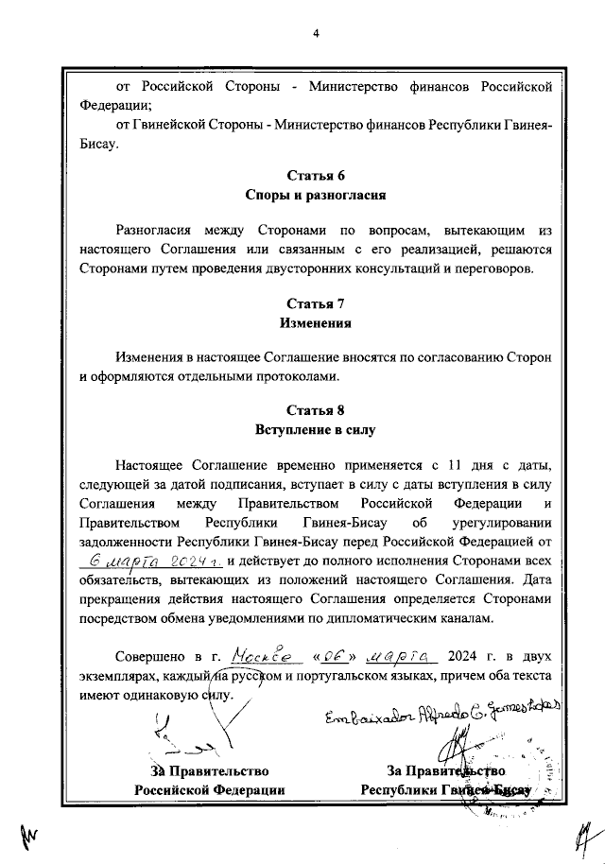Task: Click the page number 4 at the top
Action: pyautogui.click(x=316, y=34)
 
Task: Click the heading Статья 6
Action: pyautogui.click(x=315, y=176)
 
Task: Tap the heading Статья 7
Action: pyautogui.click(x=315, y=303)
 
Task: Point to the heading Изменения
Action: pyautogui.click(x=315, y=323)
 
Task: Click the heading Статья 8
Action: pyautogui.click(x=315, y=410)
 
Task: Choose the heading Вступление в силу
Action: pyautogui.click(x=315, y=431)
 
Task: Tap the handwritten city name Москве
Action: pyautogui.click(x=254, y=653)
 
